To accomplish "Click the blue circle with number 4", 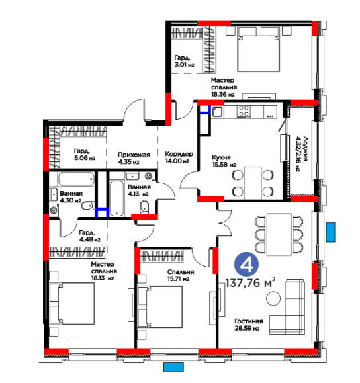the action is click(x=246, y=265).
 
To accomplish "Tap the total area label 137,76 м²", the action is click(x=250, y=283).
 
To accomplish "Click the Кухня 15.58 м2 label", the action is click(x=224, y=161).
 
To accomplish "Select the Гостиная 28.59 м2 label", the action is click(x=249, y=325).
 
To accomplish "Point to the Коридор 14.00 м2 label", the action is click(x=179, y=157).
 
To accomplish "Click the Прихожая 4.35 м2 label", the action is click(x=134, y=158).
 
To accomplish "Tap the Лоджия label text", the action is click(x=306, y=149).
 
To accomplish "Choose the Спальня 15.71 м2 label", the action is click(x=181, y=275).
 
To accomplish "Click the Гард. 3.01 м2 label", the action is click(x=184, y=61).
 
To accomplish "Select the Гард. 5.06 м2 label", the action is click(x=85, y=155).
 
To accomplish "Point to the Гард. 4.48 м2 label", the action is click(x=90, y=236).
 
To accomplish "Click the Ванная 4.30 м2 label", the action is click(x=71, y=197).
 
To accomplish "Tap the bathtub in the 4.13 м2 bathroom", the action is click(x=116, y=198).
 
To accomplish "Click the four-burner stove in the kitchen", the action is click(x=244, y=111).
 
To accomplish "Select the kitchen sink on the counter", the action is click(x=218, y=112).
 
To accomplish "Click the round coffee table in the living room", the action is click(x=273, y=298).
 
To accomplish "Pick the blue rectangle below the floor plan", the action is click(x=173, y=367).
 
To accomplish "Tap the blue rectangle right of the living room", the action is click(x=331, y=232).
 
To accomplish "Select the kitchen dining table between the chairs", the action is click(x=253, y=183).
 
